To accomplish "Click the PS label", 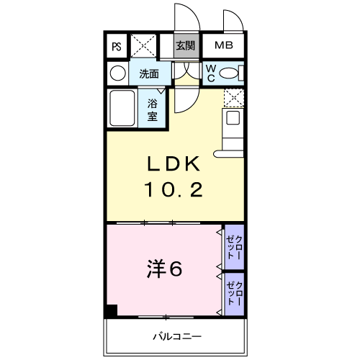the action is pyautogui.click(x=117, y=47).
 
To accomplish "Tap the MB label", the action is pyautogui.click(x=224, y=45).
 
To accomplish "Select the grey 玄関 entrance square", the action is pyautogui.click(x=186, y=45).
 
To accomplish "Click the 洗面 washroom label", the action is pyautogui.click(x=149, y=74).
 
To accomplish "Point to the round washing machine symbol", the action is pyautogui.click(x=118, y=73).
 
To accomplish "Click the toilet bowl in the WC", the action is pyautogui.click(x=228, y=73).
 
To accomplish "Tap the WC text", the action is pyautogui.click(x=211, y=73).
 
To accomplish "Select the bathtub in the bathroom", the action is pyautogui.click(x=122, y=108).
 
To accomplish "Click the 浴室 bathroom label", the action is pyautogui.click(x=153, y=110).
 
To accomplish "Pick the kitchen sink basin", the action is pyautogui.click(x=233, y=117).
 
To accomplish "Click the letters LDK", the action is pyautogui.click(x=174, y=163).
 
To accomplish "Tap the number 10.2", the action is pyautogui.click(x=174, y=189).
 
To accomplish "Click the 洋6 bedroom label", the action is pyautogui.click(x=164, y=269).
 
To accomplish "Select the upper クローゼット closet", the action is pyautogui.click(x=235, y=247).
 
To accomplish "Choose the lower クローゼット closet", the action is pyautogui.click(x=235, y=294).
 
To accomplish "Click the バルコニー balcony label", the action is pyautogui.click(x=177, y=336).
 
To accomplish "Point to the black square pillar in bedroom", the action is pyautogui.click(x=112, y=310).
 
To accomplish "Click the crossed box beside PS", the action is pyautogui.click(x=143, y=45).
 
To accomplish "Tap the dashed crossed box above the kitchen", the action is pyautogui.click(x=234, y=98).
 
